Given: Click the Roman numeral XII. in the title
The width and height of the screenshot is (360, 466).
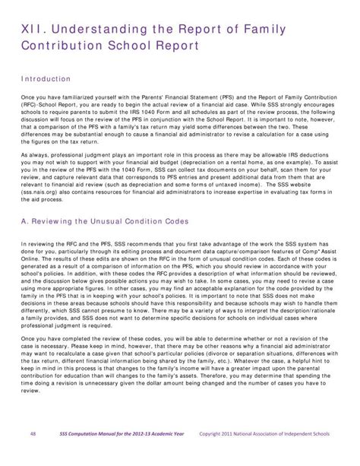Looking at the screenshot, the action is pyautogui.click(x=30, y=29).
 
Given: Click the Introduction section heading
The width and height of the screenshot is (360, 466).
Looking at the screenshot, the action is pyautogui.click(x=45, y=79).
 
